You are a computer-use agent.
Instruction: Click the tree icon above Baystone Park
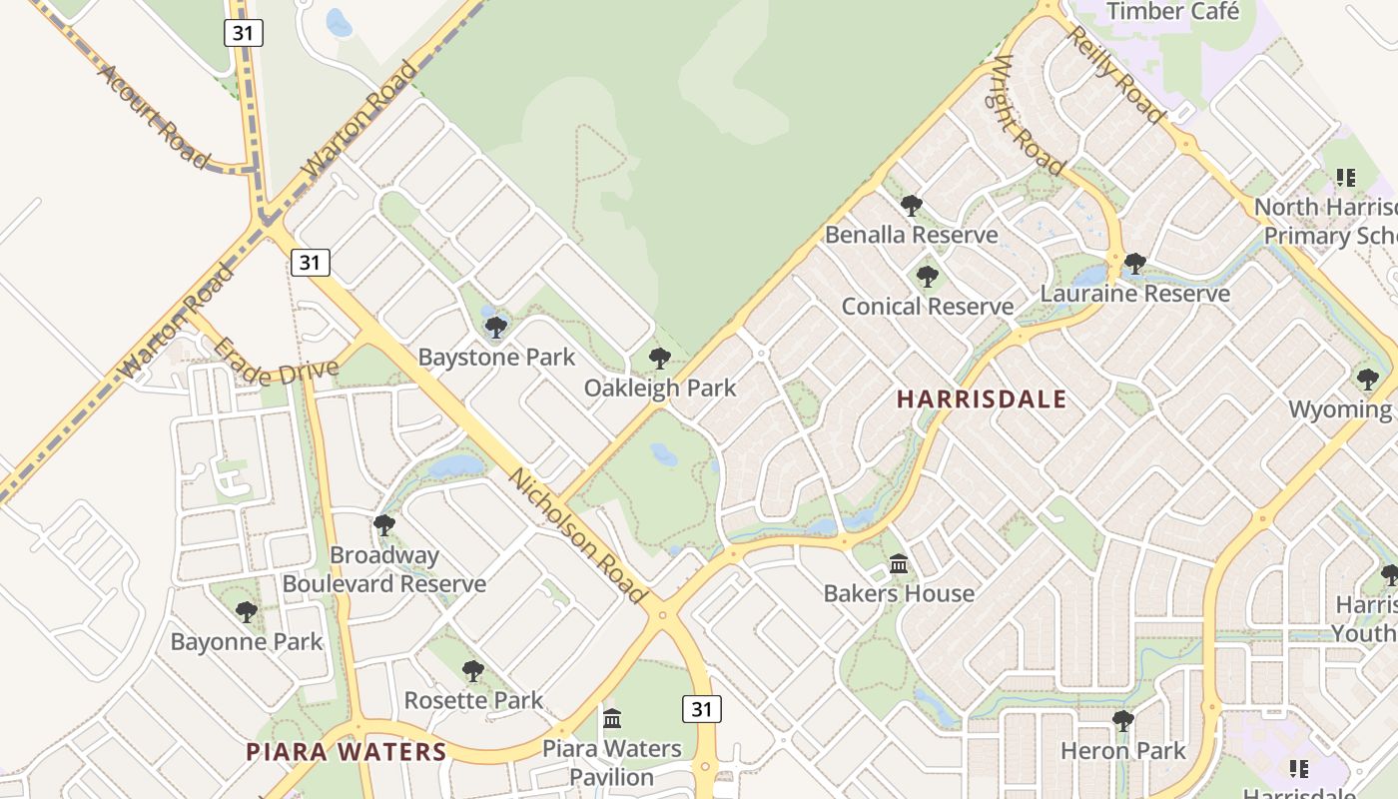pos(496,327)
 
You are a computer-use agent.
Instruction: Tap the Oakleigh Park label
pos(660,388)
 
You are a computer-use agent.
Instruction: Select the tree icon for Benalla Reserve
pos(911,206)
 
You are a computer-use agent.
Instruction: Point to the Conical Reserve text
pos(928,307)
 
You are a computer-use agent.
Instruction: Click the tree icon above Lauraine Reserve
pos(1134,264)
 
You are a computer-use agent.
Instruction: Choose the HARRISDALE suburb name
pos(982,399)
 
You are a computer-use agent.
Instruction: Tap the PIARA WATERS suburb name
pos(346,752)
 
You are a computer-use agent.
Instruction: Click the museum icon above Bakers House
pos(898,565)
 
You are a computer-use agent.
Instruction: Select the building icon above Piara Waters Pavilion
pos(612,718)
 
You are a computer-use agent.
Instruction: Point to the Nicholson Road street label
pos(576,535)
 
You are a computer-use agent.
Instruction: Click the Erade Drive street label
pos(277,362)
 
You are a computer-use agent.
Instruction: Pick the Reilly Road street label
pos(1116,75)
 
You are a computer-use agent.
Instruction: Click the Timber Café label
pos(1173,12)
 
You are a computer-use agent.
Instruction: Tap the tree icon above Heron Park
pos(1122,720)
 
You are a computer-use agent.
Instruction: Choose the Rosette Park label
pos(473,700)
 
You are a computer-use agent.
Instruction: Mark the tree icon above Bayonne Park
pos(246,611)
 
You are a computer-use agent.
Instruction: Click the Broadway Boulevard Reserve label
pos(384,569)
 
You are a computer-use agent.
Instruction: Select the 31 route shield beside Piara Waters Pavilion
pos(702,709)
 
